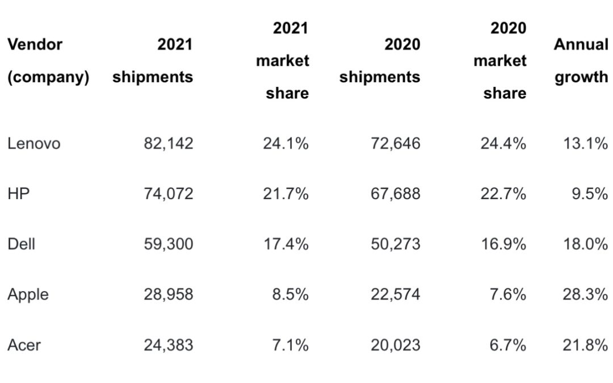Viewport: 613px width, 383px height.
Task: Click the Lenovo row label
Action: (33, 144)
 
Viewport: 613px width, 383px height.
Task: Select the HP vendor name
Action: (19, 194)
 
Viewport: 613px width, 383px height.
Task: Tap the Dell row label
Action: (21, 244)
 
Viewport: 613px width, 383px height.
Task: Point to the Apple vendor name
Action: (28, 294)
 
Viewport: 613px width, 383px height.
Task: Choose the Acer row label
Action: (24, 344)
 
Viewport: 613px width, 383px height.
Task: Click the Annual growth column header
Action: (581, 61)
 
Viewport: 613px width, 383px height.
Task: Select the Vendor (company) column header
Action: (48, 61)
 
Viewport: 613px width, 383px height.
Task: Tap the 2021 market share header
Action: (283, 61)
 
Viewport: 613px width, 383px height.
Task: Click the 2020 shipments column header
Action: (380, 61)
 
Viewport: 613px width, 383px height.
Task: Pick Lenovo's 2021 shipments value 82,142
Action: (168, 144)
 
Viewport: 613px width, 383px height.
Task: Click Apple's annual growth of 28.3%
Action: (585, 294)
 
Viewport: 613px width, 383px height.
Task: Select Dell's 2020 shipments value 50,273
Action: (396, 244)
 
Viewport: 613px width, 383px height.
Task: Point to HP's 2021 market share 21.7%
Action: (285, 194)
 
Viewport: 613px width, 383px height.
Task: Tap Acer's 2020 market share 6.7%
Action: (508, 344)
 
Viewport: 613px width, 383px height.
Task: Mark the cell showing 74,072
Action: (168, 194)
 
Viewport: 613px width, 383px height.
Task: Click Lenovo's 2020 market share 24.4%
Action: (503, 144)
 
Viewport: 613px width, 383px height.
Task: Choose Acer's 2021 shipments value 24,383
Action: (168, 344)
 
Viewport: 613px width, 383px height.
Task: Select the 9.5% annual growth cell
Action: (590, 194)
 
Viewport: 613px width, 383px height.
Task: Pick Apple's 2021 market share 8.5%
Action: (290, 294)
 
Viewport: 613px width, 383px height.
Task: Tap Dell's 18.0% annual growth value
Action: (585, 244)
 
